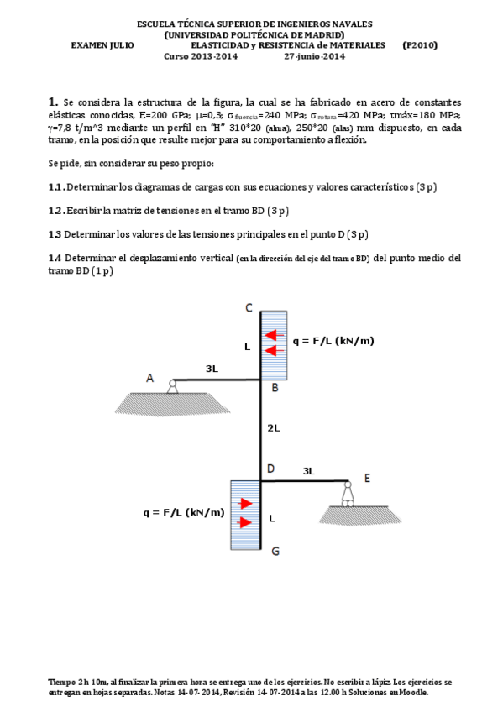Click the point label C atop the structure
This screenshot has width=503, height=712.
(249, 308)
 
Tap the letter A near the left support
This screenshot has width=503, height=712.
(149, 378)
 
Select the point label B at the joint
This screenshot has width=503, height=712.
(275, 388)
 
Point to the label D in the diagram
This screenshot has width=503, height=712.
(270, 469)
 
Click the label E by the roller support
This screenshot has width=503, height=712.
(367, 478)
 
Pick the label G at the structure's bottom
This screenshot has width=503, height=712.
(275, 552)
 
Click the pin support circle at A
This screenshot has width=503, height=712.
(172, 383)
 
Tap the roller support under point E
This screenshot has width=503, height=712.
(348, 495)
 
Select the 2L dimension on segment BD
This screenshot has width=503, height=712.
(273, 427)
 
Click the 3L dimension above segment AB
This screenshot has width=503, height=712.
(212, 369)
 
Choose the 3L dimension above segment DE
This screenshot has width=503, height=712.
(309, 471)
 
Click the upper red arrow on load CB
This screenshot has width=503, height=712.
(275, 336)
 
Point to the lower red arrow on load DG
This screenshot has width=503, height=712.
(245, 522)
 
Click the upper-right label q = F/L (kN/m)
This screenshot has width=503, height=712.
(333, 341)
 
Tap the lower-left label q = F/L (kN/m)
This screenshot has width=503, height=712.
(184, 513)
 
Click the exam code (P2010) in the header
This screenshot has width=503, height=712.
(420, 45)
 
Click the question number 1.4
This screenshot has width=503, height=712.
(55, 258)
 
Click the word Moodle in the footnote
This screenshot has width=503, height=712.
(415, 693)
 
